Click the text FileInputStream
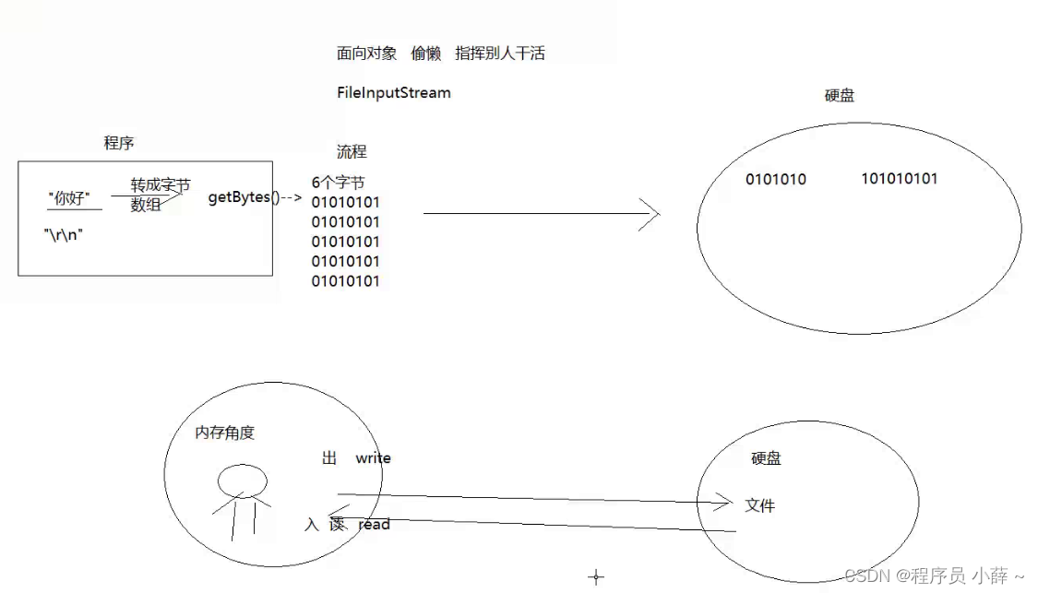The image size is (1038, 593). (394, 92)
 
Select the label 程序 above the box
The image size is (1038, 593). (119, 143)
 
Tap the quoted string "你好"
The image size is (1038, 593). (69, 197)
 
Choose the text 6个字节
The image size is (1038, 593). (338, 183)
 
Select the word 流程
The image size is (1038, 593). (352, 151)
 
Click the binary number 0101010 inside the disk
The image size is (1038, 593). (776, 180)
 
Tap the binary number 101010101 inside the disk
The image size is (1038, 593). (900, 179)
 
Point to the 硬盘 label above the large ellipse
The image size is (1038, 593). (840, 95)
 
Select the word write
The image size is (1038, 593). (373, 458)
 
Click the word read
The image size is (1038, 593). (374, 524)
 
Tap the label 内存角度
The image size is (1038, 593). (224, 433)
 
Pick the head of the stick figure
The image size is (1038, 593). (243, 480)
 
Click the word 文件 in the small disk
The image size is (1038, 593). (760, 505)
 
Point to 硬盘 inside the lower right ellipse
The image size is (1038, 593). (766, 458)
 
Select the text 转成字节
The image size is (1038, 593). (160, 184)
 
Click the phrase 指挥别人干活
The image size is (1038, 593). (500, 53)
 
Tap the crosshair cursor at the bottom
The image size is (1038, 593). (596, 577)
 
